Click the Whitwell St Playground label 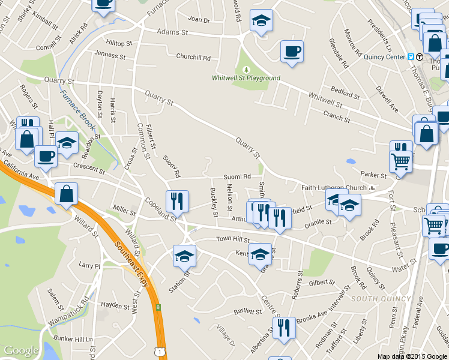coord(246,78)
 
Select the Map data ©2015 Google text coord(412,356)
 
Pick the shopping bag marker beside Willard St coord(66,194)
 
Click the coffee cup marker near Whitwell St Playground coord(292,50)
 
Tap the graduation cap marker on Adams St coord(261,20)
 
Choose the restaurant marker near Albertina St coord(284,328)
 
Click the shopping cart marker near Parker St coord(400,161)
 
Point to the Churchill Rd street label coord(193,58)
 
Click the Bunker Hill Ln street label coord(72,339)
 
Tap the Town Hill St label coord(232,239)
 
